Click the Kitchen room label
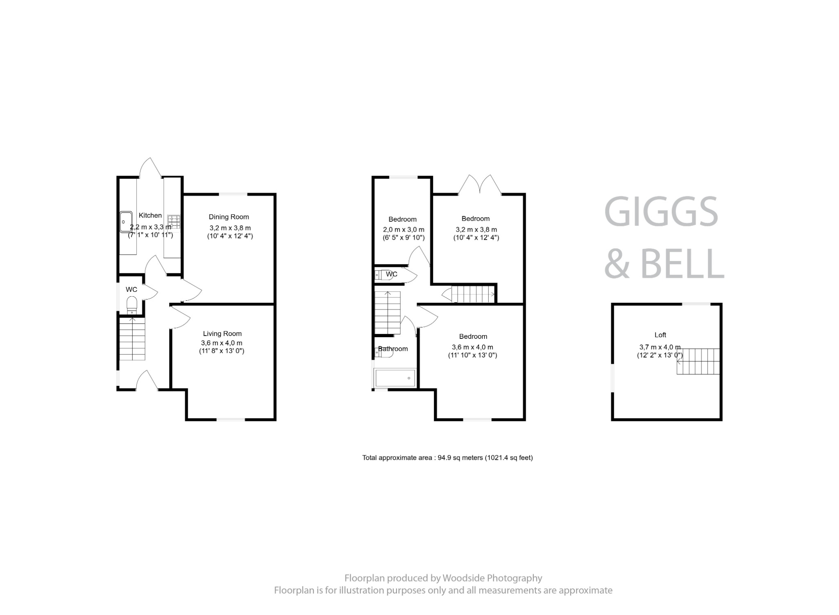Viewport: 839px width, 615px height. [150, 215]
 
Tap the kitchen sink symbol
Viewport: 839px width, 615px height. [126, 221]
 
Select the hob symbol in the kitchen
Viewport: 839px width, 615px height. [174, 221]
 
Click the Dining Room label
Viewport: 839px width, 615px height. [229, 217]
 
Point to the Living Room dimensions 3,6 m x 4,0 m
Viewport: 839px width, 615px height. [222, 343]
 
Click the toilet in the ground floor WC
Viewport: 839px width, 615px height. [132, 304]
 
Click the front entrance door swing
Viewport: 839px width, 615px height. [147, 380]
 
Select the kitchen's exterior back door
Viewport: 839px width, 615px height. [151, 168]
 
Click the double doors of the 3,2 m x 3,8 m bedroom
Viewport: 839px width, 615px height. [480, 185]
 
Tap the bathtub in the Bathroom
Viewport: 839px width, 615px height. [395, 378]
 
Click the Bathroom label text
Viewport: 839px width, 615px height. [393, 349]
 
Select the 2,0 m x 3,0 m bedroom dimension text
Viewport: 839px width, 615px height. [404, 230]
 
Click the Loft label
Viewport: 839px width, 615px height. [660, 335]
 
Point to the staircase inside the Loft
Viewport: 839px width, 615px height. [698, 361]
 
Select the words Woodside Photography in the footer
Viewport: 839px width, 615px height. [492, 578]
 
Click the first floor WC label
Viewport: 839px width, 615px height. [391, 274]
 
